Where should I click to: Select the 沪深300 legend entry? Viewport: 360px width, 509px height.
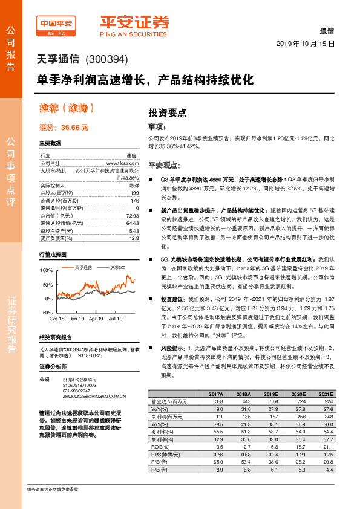click(x=117, y=267)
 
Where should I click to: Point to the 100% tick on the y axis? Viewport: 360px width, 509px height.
click(x=46, y=270)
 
